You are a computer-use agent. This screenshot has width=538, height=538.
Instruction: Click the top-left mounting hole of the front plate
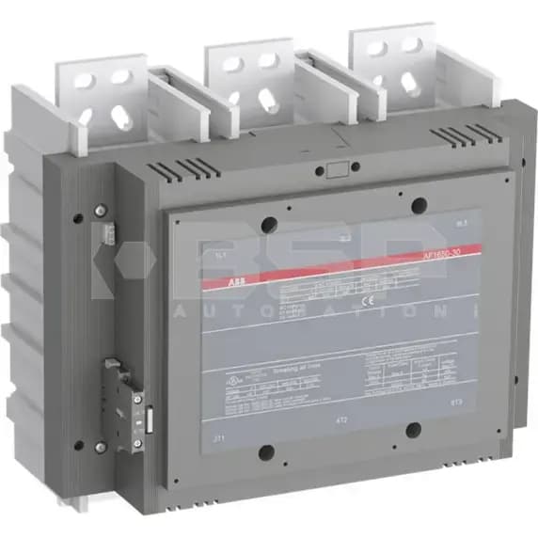(x=269, y=224)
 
